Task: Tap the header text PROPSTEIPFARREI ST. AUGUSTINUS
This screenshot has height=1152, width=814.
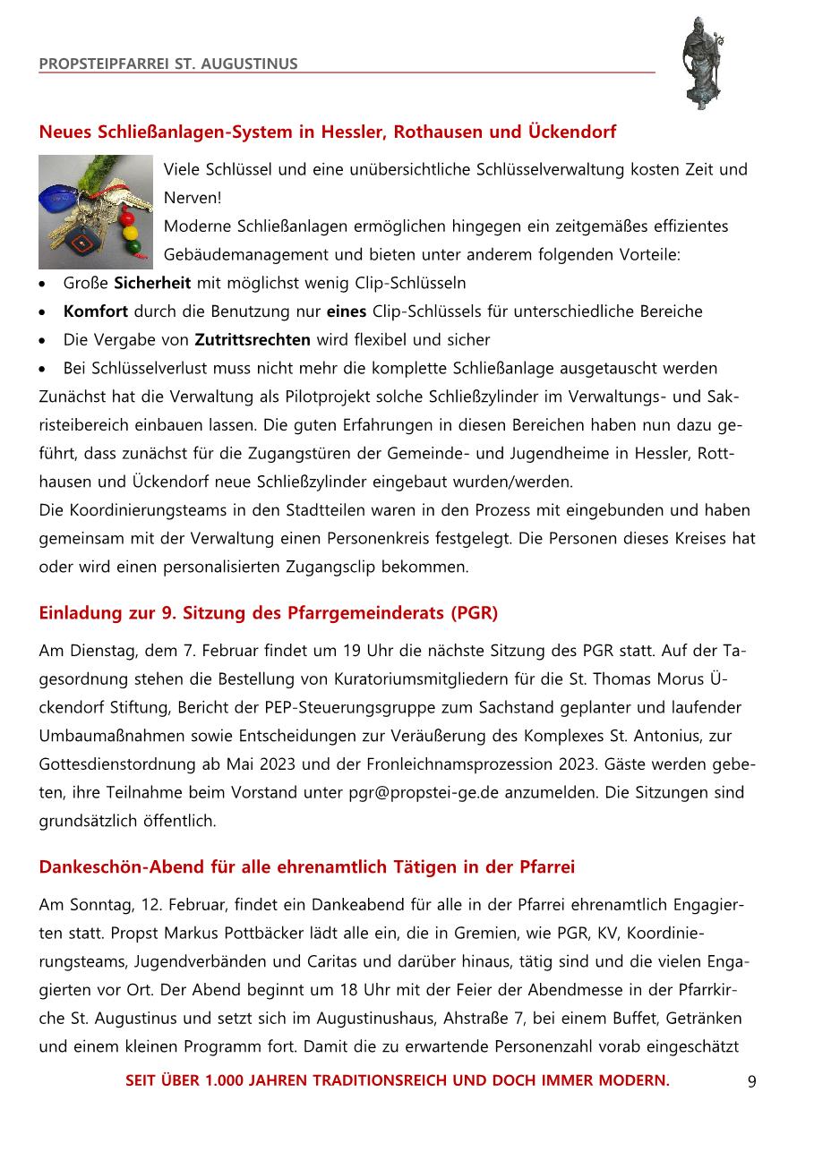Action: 168,64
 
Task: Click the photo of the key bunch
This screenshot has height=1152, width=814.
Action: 96,212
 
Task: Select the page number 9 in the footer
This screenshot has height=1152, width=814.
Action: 751,1081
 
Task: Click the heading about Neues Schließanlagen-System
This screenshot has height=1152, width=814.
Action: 327,132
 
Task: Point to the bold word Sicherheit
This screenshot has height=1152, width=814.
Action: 152,284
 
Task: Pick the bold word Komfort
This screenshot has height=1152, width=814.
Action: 96,312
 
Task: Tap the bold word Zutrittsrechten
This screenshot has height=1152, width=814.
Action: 253,340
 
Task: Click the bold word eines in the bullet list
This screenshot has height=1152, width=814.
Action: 346,312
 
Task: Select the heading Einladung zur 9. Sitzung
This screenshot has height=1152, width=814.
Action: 268,613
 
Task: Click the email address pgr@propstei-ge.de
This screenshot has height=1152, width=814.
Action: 423,792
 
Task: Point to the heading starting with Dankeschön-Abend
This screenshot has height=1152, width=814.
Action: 306,867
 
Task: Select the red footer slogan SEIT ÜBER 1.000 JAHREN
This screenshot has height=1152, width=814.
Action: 397,1080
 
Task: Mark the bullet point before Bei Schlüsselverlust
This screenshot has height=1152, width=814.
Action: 44,369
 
